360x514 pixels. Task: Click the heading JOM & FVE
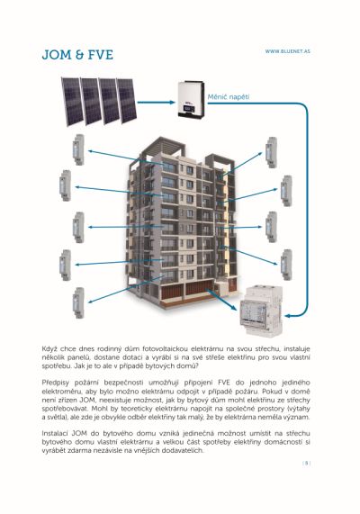click(x=77, y=55)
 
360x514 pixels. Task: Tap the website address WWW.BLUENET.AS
click(x=287, y=51)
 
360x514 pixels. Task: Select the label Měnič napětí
click(x=229, y=97)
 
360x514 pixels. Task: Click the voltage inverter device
click(x=191, y=99)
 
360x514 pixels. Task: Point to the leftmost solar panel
click(x=72, y=102)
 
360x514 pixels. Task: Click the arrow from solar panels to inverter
click(x=156, y=103)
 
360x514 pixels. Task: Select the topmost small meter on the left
click(x=78, y=149)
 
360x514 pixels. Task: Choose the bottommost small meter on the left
click(x=78, y=302)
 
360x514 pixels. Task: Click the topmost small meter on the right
click(x=272, y=152)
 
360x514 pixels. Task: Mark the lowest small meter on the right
click(x=286, y=265)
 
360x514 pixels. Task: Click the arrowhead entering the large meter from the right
click(x=287, y=316)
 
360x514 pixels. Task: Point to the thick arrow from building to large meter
click(x=221, y=300)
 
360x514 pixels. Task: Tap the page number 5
click(x=307, y=464)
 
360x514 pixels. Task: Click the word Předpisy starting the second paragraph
click(x=54, y=383)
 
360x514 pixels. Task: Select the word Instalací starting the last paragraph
click(x=53, y=433)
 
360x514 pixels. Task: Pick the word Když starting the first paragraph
click(x=49, y=348)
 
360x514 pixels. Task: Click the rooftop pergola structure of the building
click(x=164, y=146)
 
